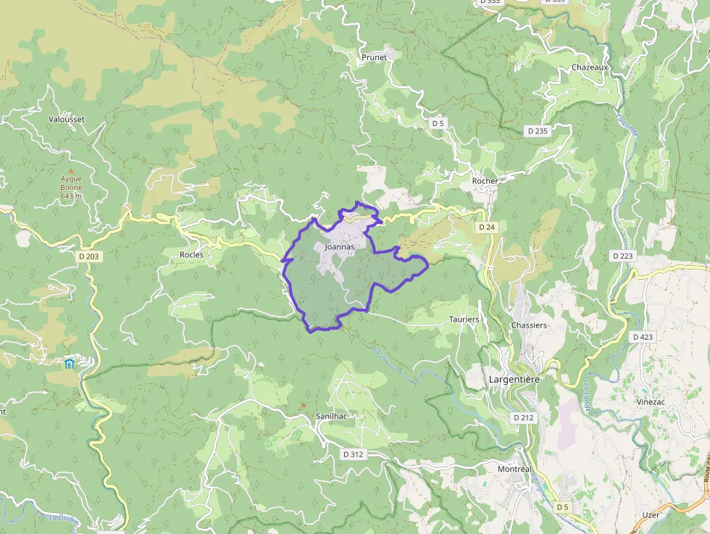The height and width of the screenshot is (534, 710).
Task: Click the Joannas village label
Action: coord(341,247)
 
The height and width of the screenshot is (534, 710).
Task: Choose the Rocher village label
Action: coord(485,181)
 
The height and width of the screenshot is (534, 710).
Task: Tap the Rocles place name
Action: coord(191,255)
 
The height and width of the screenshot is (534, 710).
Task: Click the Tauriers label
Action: coord(464,320)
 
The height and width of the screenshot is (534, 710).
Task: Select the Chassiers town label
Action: coord(529,325)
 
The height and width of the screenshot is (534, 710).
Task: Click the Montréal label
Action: coord(514,469)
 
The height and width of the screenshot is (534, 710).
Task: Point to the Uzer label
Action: coord(651,514)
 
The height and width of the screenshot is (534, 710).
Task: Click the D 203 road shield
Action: coord(88,256)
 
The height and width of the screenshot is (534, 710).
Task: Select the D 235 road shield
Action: coord(538,131)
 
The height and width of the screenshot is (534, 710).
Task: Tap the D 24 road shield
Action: coord(487,228)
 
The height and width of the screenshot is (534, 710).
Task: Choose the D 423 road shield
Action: coord(643,337)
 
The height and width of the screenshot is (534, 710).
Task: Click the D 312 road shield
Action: coord(354,454)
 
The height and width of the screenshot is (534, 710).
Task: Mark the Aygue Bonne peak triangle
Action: coord(71,170)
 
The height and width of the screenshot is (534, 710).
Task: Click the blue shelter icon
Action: coord(70,363)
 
